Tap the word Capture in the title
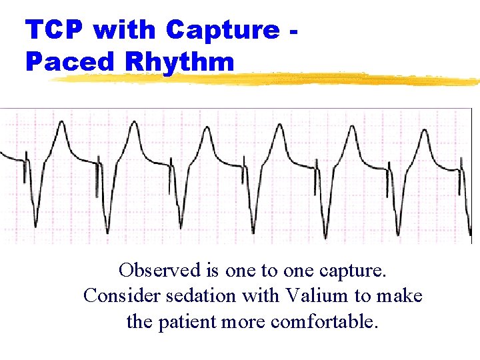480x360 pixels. point(223,29)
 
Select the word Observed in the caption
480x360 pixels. point(159,271)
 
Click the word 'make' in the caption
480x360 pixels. point(401,296)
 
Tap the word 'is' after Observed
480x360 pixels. point(213,271)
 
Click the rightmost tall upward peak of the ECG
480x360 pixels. point(423,131)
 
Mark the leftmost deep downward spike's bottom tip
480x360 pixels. point(35,226)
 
